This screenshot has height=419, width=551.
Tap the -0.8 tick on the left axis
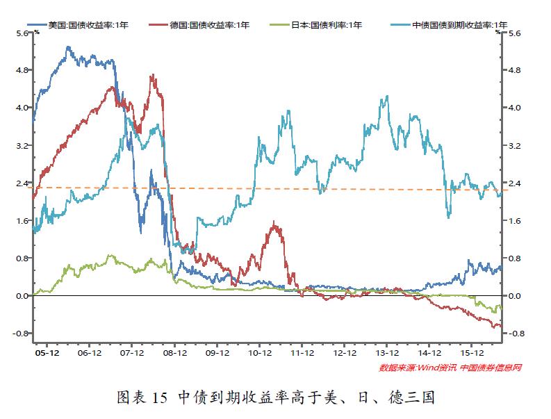tap(19, 334)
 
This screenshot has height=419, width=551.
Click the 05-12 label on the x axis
tap(47, 353)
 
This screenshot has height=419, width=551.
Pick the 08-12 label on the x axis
tap(174, 353)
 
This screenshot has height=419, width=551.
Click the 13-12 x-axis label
tap(387, 353)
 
